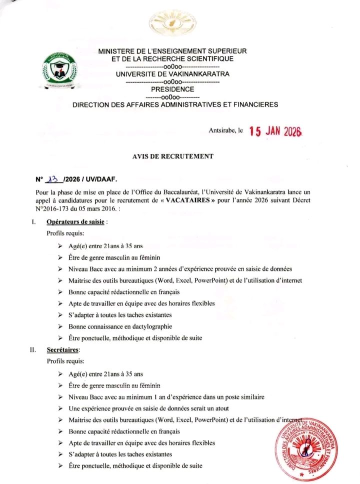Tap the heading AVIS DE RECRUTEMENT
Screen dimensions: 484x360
pos(172,156)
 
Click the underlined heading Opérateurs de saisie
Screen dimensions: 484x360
pos(75,221)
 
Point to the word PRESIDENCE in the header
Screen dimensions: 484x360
pos(172,89)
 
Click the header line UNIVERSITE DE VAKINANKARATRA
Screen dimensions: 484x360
pos(172,73)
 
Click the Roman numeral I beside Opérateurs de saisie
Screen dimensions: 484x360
pos(32,221)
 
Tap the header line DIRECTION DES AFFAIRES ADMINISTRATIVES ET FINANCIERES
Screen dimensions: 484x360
pos(175,104)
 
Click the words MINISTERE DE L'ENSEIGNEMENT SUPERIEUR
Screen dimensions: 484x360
pos(172,51)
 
